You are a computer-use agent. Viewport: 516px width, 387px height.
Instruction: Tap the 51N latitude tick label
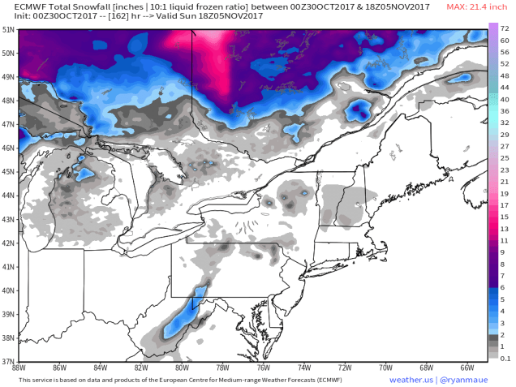pyautogui.click(x=9, y=29)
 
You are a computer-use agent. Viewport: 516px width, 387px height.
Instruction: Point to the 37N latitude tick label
pyautogui.click(x=9, y=361)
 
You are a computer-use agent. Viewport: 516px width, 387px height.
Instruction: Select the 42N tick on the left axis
pyautogui.click(x=9, y=243)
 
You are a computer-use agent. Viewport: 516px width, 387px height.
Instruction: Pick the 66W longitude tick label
pyautogui.click(x=467, y=368)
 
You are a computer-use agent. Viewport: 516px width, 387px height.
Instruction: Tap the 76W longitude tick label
pyautogui.click(x=263, y=368)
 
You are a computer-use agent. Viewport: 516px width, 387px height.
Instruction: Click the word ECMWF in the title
pyautogui.click(x=30, y=7)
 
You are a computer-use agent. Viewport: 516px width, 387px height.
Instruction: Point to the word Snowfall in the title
pyautogui.click(x=89, y=7)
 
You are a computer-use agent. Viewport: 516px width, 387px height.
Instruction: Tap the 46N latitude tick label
pyautogui.click(x=9, y=148)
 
